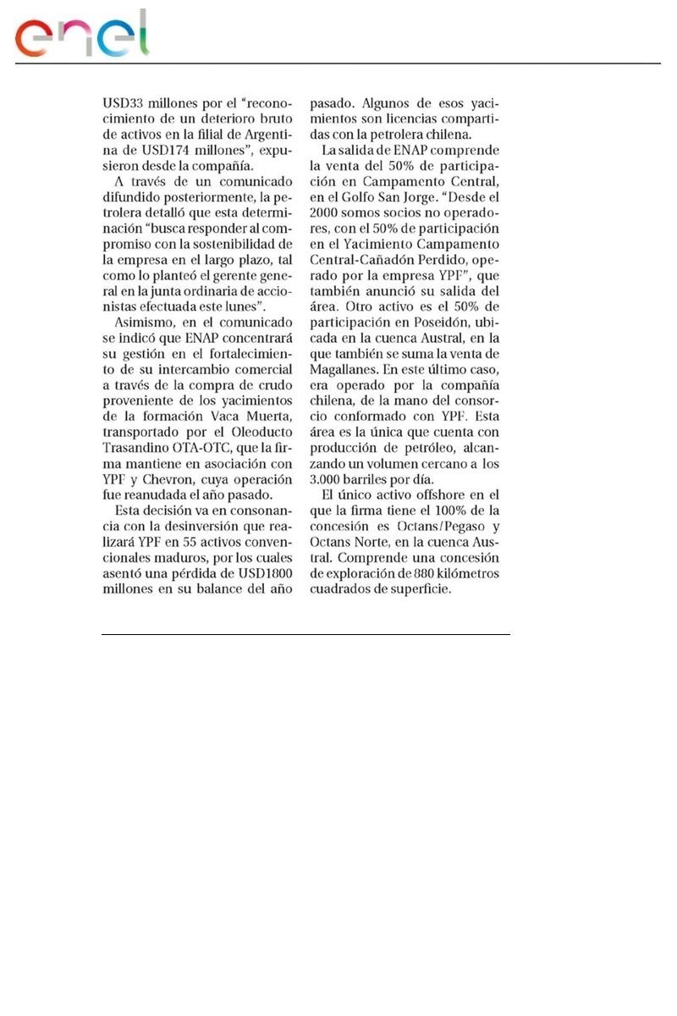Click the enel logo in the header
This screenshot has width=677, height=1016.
point(82,36)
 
